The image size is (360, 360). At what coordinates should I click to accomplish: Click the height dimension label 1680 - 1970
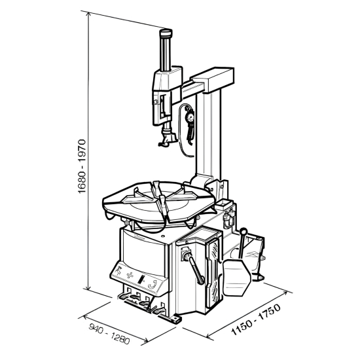[x=82, y=166]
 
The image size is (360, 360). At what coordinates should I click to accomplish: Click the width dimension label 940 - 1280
[x=109, y=334]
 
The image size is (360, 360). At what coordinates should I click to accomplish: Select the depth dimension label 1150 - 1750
[x=256, y=319]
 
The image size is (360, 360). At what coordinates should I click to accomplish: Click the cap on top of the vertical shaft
[x=166, y=33]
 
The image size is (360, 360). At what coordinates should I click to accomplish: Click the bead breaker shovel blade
[x=236, y=277]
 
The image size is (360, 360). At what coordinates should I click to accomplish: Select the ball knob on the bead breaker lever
[x=243, y=231]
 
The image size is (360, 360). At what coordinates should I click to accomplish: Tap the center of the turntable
[x=158, y=202]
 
